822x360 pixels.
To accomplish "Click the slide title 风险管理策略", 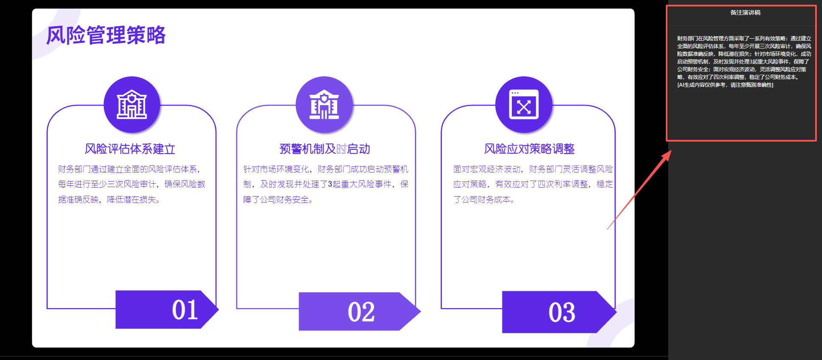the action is point(106,35).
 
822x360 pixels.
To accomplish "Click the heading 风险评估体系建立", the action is point(130,149).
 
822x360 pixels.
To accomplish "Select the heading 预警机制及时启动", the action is point(325,149).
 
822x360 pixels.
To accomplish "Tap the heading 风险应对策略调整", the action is point(529,149).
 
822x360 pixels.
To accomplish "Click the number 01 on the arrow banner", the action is point(185,310).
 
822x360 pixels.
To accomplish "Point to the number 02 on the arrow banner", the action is point(361,312).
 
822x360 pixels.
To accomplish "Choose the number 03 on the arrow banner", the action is point(562,312).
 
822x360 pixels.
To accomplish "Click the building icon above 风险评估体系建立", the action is point(132,104).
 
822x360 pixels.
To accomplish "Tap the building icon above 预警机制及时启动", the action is point(324,104).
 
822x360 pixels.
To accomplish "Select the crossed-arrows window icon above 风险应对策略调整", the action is point(523,104).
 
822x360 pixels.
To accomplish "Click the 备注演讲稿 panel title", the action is point(745,13).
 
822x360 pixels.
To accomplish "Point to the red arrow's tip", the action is point(671,151).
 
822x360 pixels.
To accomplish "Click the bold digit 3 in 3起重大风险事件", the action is point(330,184).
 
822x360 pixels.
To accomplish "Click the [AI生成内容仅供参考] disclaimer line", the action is point(725,85).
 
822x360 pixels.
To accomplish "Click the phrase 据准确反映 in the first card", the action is point(79,200).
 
